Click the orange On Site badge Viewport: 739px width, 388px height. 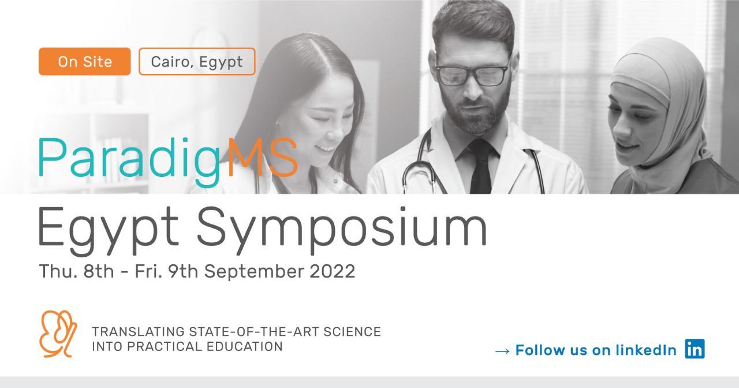click(x=84, y=61)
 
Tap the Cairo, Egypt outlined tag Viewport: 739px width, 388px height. click(x=197, y=61)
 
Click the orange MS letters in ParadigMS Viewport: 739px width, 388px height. click(x=263, y=157)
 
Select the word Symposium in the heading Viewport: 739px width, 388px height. click(x=342, y=227)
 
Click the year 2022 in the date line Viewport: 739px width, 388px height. click(x=332, y=271)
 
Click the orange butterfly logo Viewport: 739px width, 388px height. click(x=59, y=334)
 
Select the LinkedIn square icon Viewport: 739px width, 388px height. click(x=695, y=349)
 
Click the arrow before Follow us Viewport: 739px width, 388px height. click(x=502, y=351)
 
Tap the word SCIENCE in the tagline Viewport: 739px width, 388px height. click(x=352, y=331)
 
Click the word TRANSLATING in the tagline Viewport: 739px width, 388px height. click(x=138, y=331)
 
